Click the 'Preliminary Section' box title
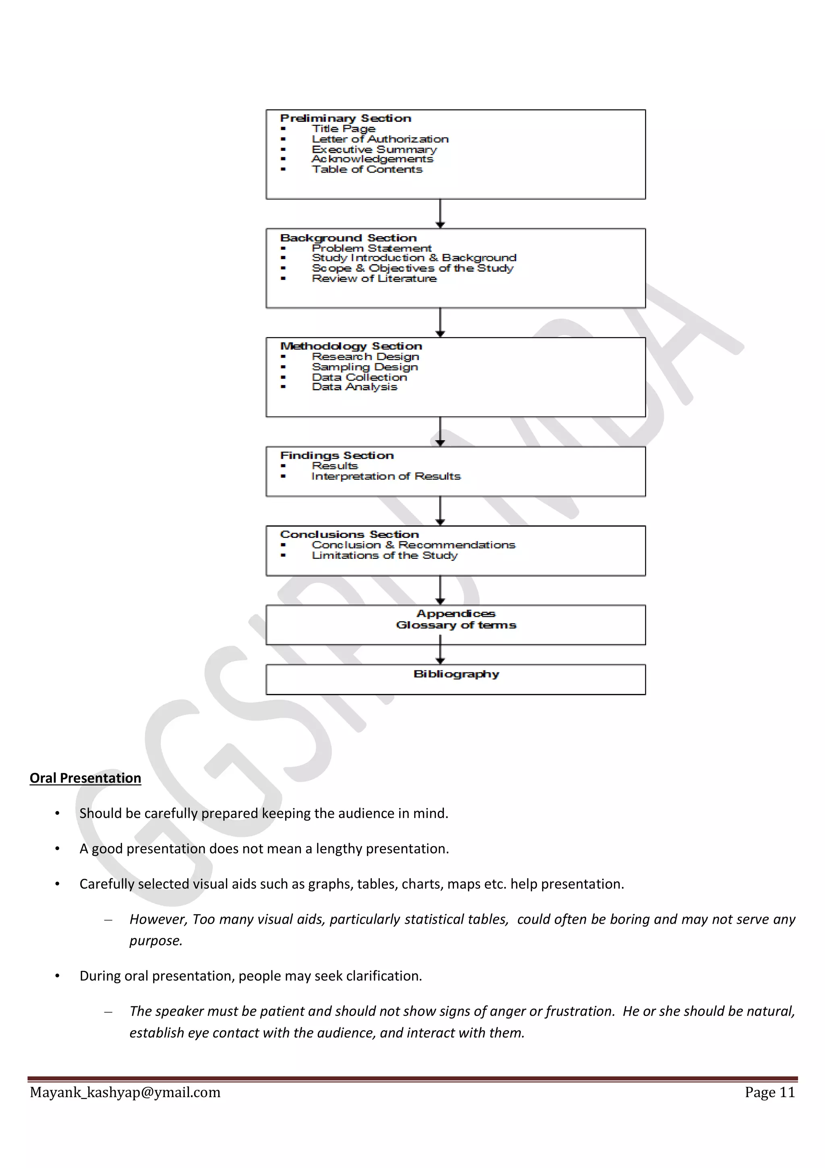pos(345,118)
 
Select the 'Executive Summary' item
pos(374,149)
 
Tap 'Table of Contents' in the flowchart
pos(367,169)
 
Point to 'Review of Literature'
pos(374,278)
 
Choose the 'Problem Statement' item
pos(371,248)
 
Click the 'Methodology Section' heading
pos(351,346)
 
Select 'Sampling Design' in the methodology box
pos(365,367)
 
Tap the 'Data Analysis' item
pos(354,387)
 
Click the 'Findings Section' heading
pos(336,455)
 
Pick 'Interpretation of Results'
pos(386,476)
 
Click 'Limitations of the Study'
pos(384,555)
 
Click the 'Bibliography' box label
pos(456,674)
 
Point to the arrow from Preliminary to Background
pos(440,214)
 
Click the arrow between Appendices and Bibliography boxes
pos(440,654)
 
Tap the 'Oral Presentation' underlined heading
pos(85,778)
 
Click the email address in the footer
pos(125,1092)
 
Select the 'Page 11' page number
pos(769,1092)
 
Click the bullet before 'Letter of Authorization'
pos(283,139)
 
